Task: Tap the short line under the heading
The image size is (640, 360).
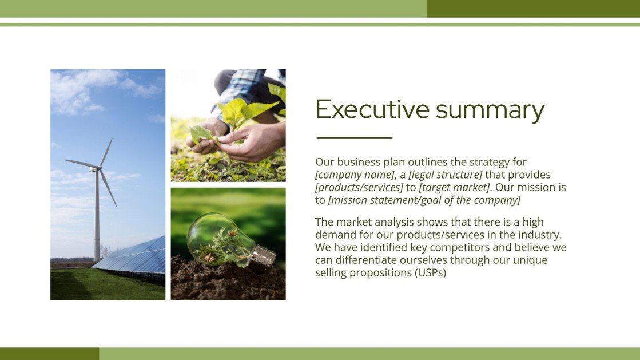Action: (354, 138)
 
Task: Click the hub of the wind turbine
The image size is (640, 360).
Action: (98, 168)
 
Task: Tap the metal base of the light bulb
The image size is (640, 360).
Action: (263, 258)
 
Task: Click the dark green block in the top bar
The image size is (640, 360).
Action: (532, 9)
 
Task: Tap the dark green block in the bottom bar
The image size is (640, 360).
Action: (49, 354)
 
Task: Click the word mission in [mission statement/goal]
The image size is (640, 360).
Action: (349, 200)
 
